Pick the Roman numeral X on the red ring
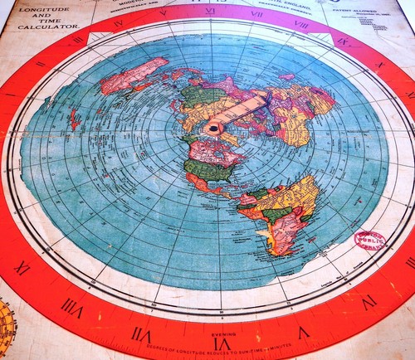pyautogui.click(x=378, y=64)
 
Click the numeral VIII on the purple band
pyautogui.click(x=301, y=26)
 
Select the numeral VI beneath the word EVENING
pyautogui.click(x=221, y=343)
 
